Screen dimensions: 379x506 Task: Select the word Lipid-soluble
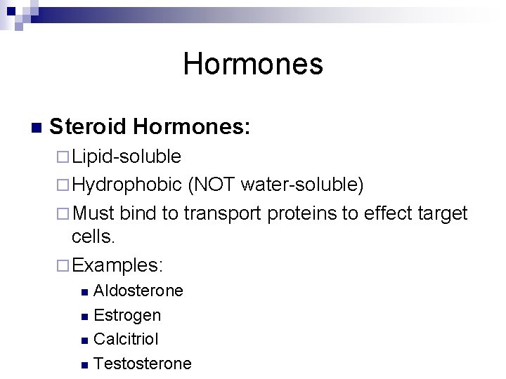click(x=126, y=156)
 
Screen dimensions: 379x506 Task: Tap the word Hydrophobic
click(x=126, y=184)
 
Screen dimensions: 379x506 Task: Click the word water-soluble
click(x=301, y=184)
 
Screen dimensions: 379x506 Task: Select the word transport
click(x=222, y=213)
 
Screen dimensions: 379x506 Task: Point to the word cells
click(x=93, y=237)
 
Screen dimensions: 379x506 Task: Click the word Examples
click(x=117, y=265)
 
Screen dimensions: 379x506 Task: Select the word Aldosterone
click(x=138, y=291)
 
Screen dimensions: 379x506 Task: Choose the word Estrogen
click(x=127, y=315)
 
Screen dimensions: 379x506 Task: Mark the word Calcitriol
click(x=126, y=339)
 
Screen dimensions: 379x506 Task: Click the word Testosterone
click(x=142, y=363)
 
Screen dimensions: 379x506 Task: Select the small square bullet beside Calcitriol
click(x=84, y=340)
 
